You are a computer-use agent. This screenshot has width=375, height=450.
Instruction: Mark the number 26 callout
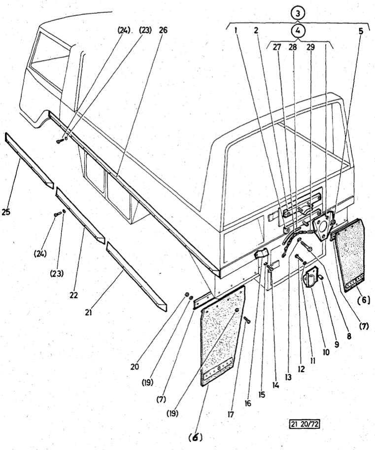tap(163, 30)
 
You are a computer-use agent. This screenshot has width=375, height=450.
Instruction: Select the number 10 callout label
tap(325, 353)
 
